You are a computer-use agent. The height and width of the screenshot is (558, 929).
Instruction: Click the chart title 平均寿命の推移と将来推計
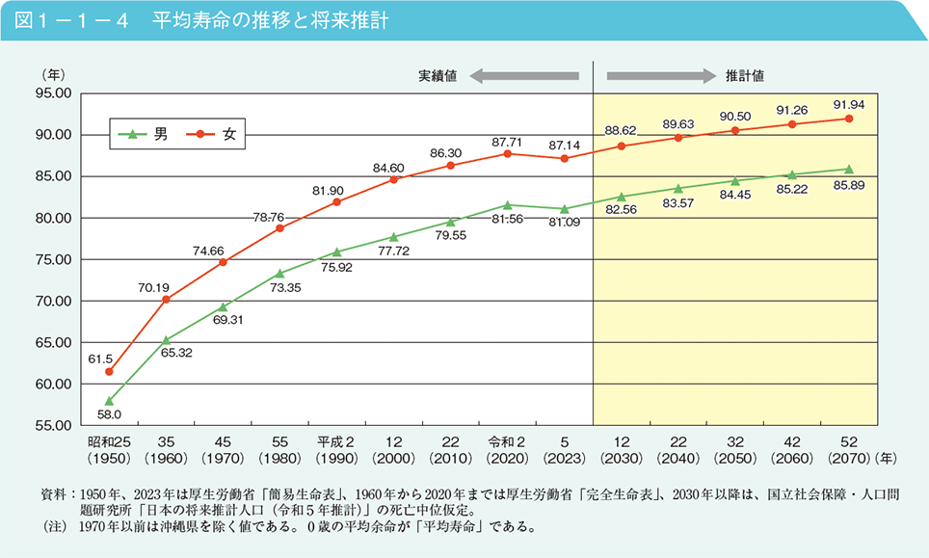(x=270, y=20)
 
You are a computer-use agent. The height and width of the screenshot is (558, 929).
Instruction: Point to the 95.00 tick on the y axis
(x=53, y=93)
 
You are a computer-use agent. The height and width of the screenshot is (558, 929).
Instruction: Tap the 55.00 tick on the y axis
(x=53, y=425)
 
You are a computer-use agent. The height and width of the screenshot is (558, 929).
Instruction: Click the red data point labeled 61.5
(x=109, y=371)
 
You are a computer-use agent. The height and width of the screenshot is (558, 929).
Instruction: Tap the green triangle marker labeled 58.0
(x=109, y=401)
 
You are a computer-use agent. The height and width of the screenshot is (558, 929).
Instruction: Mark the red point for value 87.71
(x=507, y=153)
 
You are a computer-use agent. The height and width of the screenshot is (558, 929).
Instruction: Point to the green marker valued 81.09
(x=565, y=208)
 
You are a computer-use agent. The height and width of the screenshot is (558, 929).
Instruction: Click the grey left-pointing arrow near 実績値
(x=525, y=75)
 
